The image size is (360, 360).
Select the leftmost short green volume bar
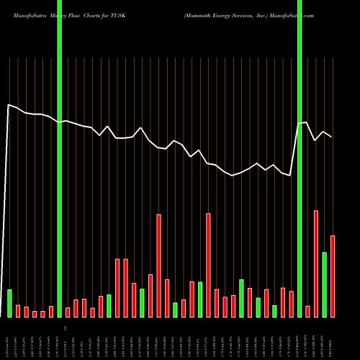pos(9,303)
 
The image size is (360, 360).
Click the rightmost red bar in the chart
pos(333,276)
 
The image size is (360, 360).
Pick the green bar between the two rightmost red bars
pos(325,284)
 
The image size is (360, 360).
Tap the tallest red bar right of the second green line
pos(316,264)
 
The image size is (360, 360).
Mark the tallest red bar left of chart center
pos(159,265)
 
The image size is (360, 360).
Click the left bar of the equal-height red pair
pos(117,287)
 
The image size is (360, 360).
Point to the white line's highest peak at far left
pos(8,105)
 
